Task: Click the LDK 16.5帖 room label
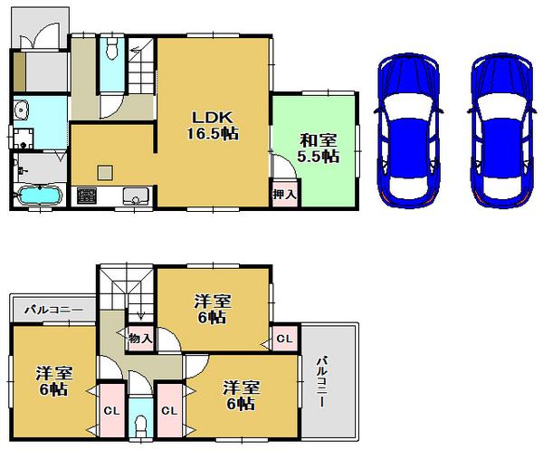coord(214,125)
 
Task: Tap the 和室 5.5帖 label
coord(319,148)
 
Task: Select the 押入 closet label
coord(283,195)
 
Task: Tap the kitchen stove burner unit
coord(88,196)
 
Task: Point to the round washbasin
coord(22,111)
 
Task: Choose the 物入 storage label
coord(139,338)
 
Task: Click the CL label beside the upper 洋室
coord(284,339)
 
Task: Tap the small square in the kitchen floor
coord(106,173)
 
